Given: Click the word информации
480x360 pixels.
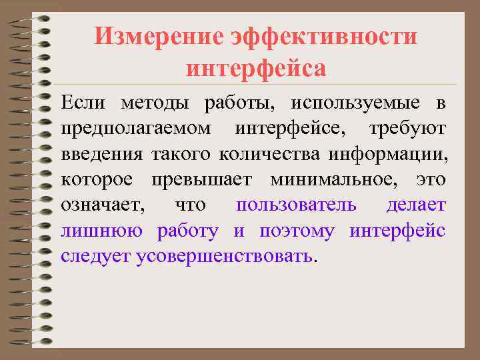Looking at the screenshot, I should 387,154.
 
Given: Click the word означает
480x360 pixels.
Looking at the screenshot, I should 103,205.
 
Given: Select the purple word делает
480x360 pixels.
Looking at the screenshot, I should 416,205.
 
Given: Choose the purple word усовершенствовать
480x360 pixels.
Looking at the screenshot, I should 223,257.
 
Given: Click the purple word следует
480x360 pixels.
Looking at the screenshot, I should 95,257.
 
